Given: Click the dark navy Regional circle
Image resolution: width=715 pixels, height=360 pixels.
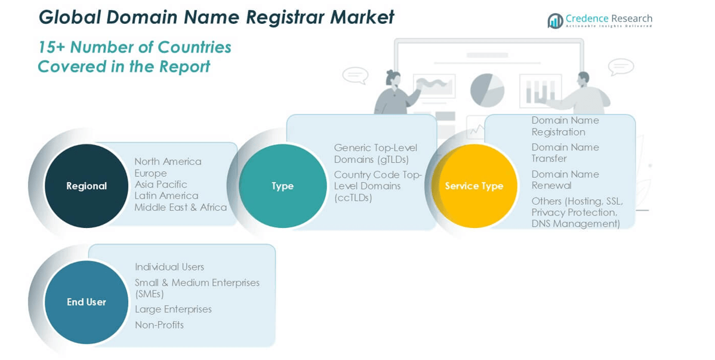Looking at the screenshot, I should click(87, 186).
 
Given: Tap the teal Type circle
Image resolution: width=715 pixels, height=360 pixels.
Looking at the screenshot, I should click(282, 186).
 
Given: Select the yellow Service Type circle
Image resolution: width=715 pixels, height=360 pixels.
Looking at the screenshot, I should click(474, 186).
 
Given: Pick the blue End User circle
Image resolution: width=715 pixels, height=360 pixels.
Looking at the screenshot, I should click(87, 302).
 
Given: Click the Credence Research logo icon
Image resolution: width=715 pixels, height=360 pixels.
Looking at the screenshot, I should click(555, 21).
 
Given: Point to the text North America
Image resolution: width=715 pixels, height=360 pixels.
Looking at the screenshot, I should click(168, 161).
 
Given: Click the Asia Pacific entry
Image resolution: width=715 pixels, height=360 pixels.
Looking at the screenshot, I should click(161, 184).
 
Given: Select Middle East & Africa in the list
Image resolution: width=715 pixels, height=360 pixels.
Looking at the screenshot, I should click(180, 207).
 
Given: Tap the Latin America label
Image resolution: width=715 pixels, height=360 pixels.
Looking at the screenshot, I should click(166, 196).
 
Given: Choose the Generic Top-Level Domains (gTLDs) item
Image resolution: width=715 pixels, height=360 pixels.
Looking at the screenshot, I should click(375, 153).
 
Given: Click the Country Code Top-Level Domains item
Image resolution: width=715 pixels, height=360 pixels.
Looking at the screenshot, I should click(377, 186).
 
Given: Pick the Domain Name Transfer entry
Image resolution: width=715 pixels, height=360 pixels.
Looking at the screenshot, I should click(565, 153).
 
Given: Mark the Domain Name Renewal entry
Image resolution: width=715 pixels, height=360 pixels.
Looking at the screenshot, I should click(565, 180).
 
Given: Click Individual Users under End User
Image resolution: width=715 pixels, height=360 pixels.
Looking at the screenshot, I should click(169, 267).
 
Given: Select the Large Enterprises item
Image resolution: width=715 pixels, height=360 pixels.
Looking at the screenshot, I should click(173, 309).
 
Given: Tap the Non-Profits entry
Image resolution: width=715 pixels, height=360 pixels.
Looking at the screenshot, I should click(159, 325).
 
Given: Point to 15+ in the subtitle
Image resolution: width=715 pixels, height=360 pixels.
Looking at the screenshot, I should click(52, 47).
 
